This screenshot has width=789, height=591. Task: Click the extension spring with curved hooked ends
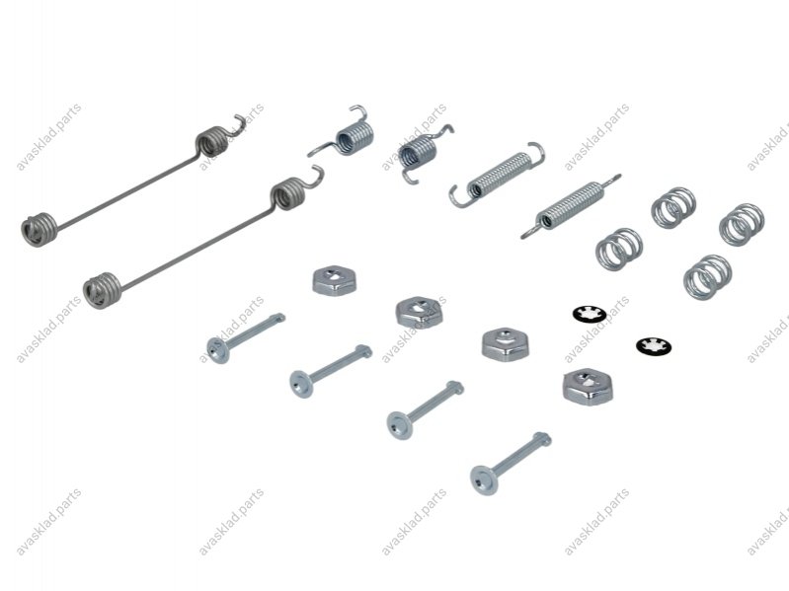click(x=498, y=175)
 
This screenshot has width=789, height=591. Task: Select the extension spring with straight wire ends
click(x=571, y=206)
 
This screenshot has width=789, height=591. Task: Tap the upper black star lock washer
click(x=589, y=315)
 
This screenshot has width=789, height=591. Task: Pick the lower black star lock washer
click(x=654, y=346)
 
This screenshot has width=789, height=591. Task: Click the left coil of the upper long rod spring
click(x=39, y=230)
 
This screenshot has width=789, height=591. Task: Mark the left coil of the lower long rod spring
click(x=102, y=290)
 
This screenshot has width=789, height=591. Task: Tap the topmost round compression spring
click(x=673, y=207)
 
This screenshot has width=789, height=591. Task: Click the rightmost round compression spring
click(x=742, y=225)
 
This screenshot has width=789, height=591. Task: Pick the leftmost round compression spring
click(x=619, y=249)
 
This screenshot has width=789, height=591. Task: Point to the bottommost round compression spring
click(x=707, y=277)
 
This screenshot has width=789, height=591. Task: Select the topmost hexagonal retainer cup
click(x=334, y=279)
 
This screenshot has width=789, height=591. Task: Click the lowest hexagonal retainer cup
click(x=588, y=386)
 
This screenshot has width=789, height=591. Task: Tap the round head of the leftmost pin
click(x=218, y=350)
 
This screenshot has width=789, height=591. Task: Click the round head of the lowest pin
click(x=484, y=480)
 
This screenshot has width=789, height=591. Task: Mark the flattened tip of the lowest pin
click(x=542, y=439)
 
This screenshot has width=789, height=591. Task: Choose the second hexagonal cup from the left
click(x=419, y=313)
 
